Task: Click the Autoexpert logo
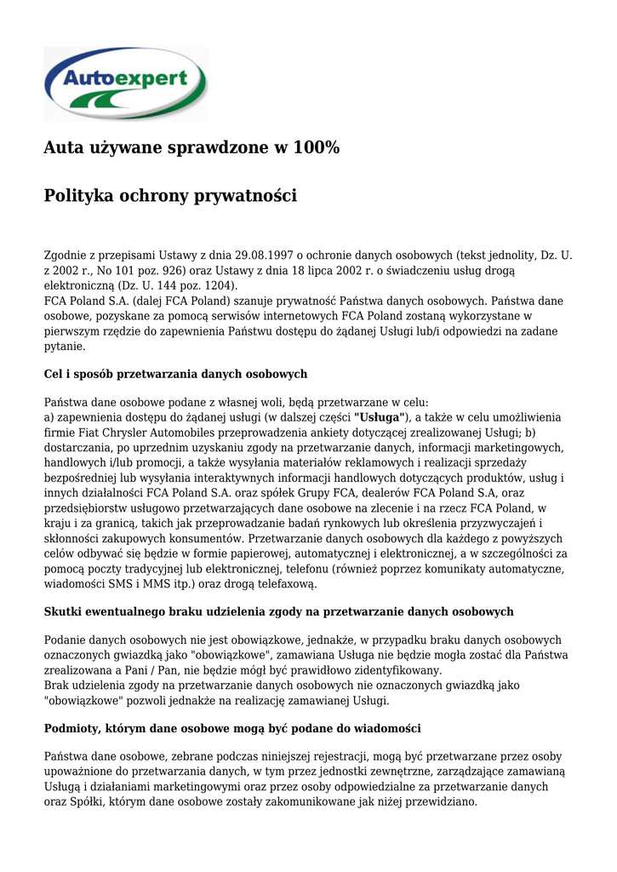(126, 83)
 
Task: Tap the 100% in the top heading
(316, 147)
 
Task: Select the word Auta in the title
(66, 147)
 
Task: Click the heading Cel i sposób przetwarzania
(175, 374)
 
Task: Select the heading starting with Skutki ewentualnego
(278, 611)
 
